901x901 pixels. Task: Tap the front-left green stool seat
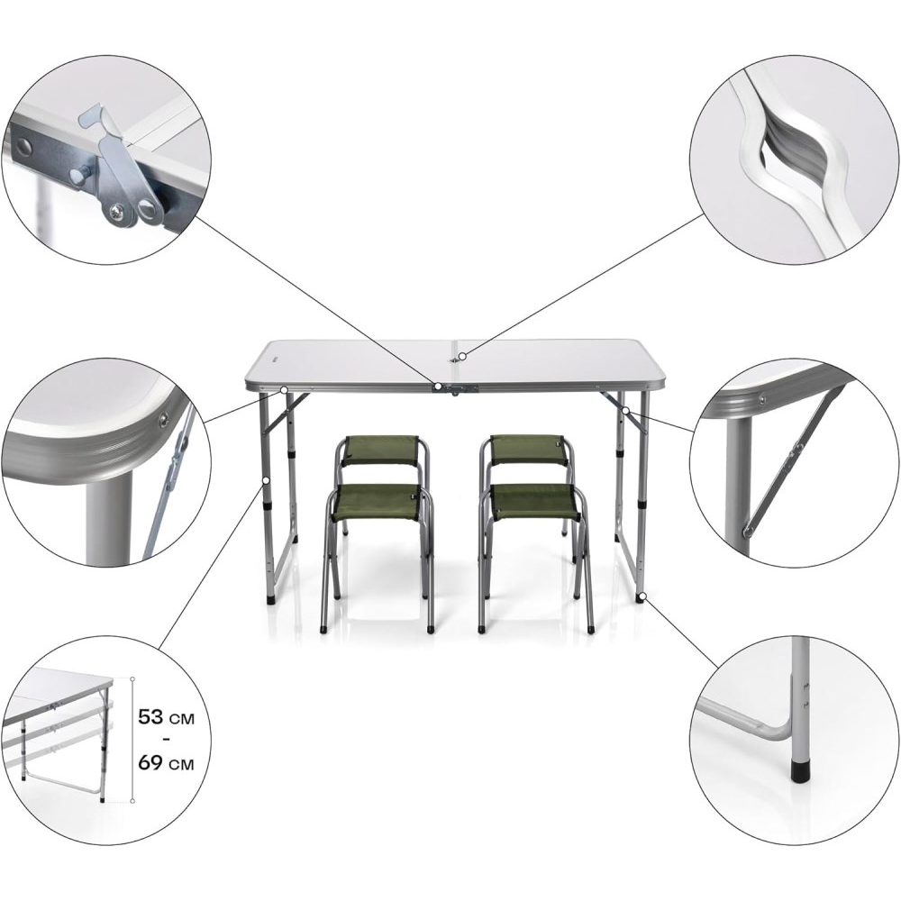tap(378, 502)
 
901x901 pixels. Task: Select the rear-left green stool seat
tap(379, 450)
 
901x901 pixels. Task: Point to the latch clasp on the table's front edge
tap(454, 388)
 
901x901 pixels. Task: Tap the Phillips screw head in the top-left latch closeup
tap(118, 213)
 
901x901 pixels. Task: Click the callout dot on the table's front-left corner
tap(284, 389)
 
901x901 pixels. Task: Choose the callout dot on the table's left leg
tap(266, 479)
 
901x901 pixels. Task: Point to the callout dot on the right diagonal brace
tap(626, 410)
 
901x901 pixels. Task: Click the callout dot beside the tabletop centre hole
tap(462, 356)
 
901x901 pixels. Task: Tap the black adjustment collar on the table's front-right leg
tap(642, 505)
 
